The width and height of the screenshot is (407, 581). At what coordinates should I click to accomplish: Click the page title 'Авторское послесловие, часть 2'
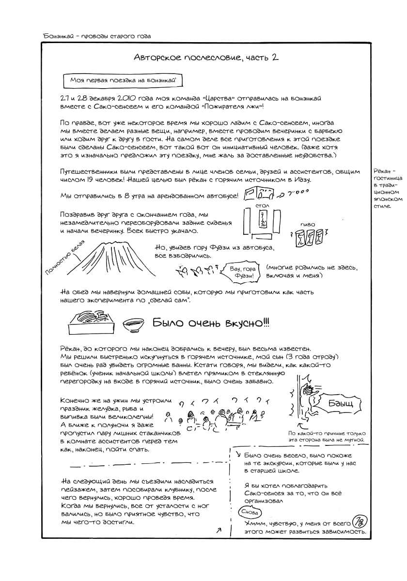click(206, 57)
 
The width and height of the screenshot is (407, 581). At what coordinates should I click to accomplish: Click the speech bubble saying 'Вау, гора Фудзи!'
click(242, 272)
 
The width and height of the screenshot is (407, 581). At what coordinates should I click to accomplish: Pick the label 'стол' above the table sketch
click(262, 205)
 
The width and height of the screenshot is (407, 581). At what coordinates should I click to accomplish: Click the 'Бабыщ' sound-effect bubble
click(340, 403)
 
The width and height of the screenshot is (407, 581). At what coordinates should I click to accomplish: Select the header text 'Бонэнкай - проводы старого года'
click(97, 36)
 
